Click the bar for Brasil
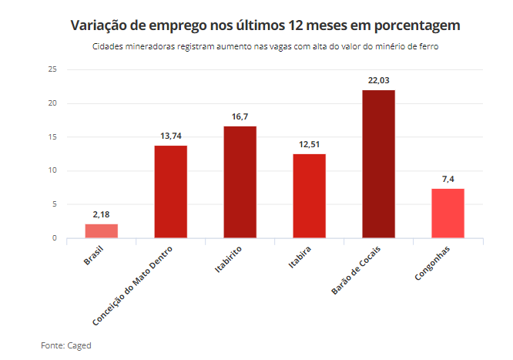[101, 230]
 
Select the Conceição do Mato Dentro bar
[170, 191]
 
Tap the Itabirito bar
[240, 182]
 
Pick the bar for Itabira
[309, 196]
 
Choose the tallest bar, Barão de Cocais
[378, 163]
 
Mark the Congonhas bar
[448, 213]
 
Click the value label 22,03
[378, 80]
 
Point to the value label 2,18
[101, 214]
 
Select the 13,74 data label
[170, 136]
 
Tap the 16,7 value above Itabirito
[240, 116]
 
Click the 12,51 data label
[309, 144]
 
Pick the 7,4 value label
[448, 179]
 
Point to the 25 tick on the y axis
[52, 69]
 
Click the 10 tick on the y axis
[52, 170]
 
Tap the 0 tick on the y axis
[55, 238]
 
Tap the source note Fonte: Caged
[66, 345]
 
